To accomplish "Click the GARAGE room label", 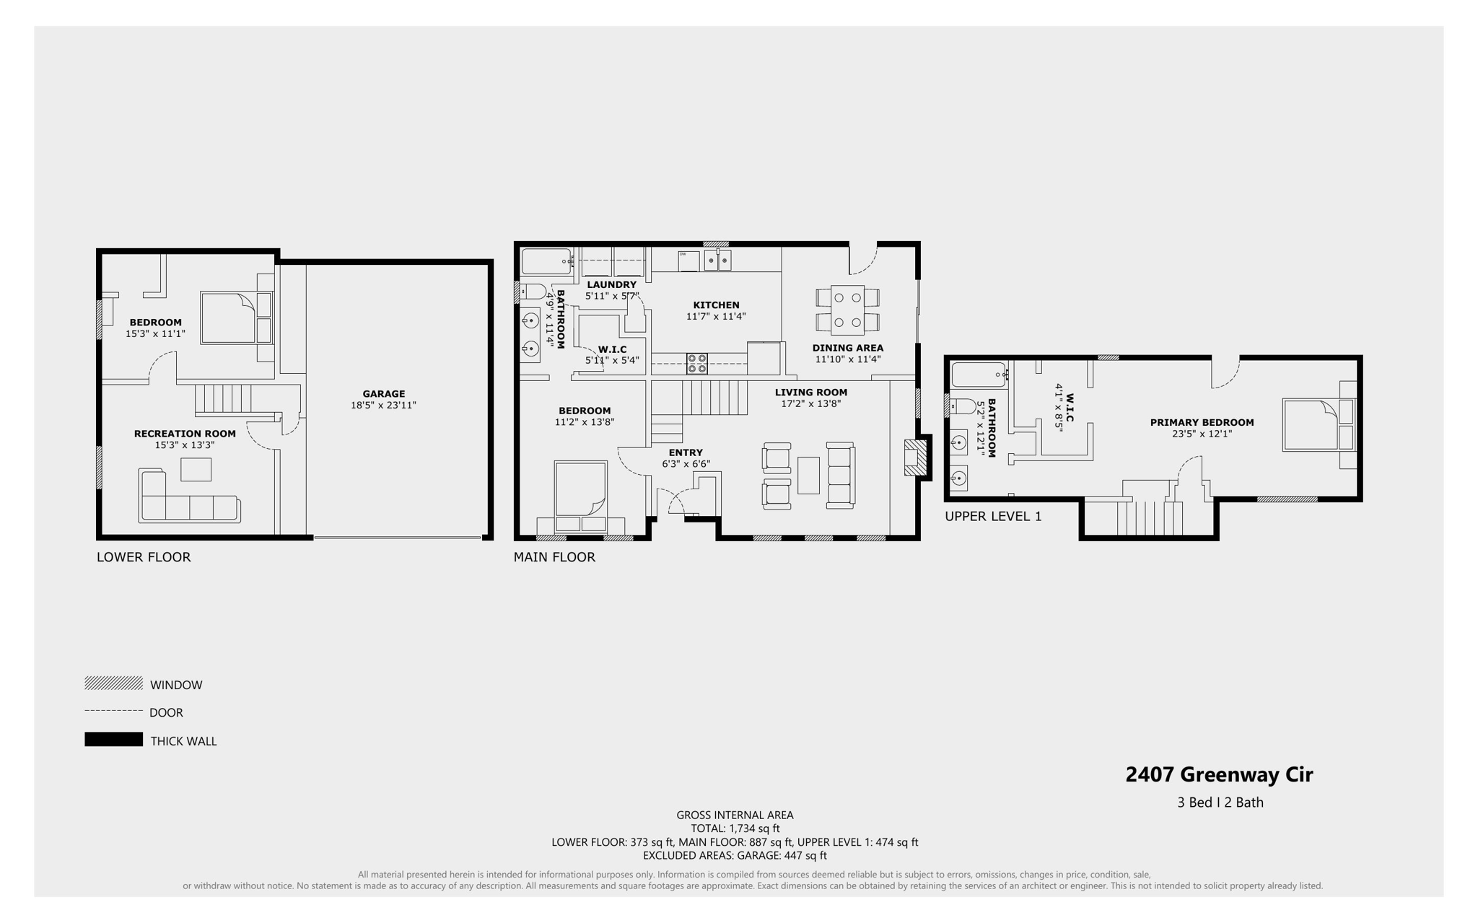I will pos(383,394).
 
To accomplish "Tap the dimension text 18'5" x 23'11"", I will pos(383,406).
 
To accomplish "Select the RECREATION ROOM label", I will pos(185,434).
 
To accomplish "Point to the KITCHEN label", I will pos(716,305).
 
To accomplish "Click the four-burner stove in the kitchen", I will pos(696,363).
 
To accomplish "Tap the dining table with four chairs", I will pos(847,310).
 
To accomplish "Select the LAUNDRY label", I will pos(611,285).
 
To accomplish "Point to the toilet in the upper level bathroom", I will pos(962,406).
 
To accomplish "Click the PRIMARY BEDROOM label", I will pos(1202,423).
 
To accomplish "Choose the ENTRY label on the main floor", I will pos(685,453).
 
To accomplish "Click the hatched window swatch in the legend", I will pos(113,683).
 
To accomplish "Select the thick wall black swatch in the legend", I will pos(113,740).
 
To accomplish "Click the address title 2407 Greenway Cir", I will pos(1219,774).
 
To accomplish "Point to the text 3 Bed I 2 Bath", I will pos(1220,802).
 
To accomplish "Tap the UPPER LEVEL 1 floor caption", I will pos(993,517).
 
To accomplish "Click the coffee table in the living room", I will pos(808,476).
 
